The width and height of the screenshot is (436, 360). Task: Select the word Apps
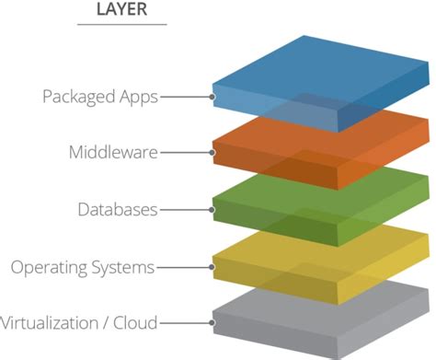point(135,96)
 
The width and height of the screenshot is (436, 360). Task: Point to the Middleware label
point(113,152)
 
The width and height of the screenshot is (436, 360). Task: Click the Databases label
point(118,209)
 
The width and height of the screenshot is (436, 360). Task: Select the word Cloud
point(134,322)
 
